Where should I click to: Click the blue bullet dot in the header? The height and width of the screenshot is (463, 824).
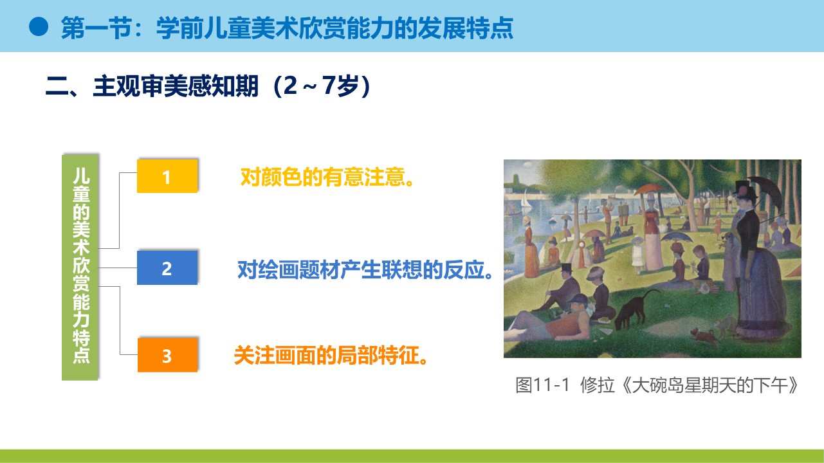click(x=39, y=26)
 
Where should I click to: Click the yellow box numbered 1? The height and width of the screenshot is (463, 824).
click(x=167, y=176)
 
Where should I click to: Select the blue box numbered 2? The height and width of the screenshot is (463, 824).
click(x=167, y=268)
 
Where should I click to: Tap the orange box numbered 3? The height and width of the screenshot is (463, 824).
click(x=167, y=355)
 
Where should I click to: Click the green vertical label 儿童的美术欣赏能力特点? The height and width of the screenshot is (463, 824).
click(x=80, y=268)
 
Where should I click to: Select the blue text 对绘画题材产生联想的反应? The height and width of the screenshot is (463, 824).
click(x=365, y=269)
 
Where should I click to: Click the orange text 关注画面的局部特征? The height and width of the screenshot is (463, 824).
click(x=331, y=355)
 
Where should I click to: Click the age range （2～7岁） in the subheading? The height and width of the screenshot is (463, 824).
click(x=322, y=86)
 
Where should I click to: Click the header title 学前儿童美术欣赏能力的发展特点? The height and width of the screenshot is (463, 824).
click(x=334, y=28)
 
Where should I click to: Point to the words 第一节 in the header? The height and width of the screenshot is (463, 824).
click(x=96, y=28)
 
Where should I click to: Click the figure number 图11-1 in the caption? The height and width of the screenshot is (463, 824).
click(x=542, y=385)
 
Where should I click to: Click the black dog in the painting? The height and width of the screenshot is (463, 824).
click(x=634, y=309)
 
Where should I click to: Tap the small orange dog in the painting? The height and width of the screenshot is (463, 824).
click(x=704, y=336)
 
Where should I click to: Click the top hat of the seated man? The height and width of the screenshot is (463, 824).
click(x=567, y=268)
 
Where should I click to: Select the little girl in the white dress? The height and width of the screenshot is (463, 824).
click(x=637, y=252)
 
